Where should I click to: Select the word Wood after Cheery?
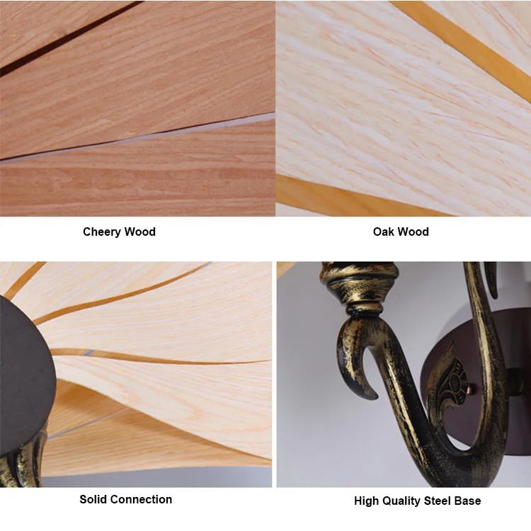tap(141, 232)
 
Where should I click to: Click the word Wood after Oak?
tap(414, 232)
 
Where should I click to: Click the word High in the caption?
tap(367, 501)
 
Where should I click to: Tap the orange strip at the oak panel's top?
tap(460, 35)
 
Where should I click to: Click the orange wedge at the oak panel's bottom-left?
tap(312, 195)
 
